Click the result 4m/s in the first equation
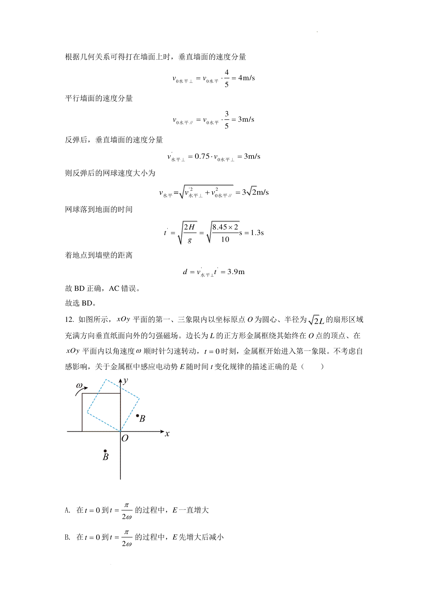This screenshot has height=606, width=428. click(x=246, y=78)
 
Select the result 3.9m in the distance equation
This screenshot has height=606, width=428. click(x=236, y=272)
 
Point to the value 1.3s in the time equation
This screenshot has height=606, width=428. click(x=257, y=233)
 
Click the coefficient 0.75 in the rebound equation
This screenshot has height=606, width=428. click(x=202, y=156)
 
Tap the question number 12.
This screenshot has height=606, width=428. click(x=69, y=319)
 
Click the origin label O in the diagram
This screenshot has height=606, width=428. click(x=125, y=438)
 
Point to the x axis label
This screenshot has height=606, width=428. click(x=167, y=434)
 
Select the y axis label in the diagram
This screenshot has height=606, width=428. click(x=126, y=380)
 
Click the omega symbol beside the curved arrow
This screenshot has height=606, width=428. click(x=79, y=385)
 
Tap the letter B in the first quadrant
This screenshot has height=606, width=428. click(x=142, y=419)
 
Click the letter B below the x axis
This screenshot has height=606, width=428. click(x=106, y=457)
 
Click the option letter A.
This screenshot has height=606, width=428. click(x=67, y=510)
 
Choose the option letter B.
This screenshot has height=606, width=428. click(x=67, y=537)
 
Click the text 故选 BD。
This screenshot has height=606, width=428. click(x=81, y=303)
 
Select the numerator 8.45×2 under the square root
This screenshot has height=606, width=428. click(x=225, y=227)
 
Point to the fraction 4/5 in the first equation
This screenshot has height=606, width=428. click(x=226, y=78)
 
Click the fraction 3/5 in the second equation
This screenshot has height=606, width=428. click(x=226, y=120)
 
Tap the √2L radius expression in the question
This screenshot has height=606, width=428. click(x=316, y=320)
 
